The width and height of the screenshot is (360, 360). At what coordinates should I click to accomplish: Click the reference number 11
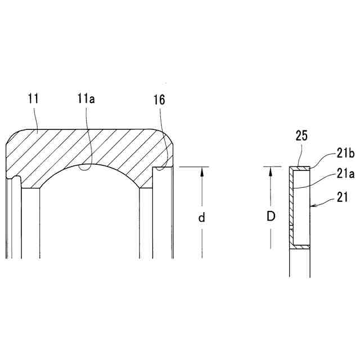coord(33,100)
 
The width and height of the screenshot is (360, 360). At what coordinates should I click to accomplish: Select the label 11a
coord(87,100)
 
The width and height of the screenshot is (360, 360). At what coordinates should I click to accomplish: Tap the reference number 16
coord(160,100)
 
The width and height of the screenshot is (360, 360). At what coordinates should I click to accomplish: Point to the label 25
coord(302,136)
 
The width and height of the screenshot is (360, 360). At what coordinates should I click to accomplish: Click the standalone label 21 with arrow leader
coord(343,197)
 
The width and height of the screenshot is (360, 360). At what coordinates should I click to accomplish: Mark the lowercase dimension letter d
coord(201,218)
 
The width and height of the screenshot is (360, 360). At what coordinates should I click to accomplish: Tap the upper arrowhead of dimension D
coord(271,170)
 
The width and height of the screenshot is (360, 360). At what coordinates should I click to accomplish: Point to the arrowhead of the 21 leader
coord(312,207)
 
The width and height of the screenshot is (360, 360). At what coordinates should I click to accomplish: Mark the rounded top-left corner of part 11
coord(14,137)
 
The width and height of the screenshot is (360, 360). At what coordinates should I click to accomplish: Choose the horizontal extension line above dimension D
coord(276,166)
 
